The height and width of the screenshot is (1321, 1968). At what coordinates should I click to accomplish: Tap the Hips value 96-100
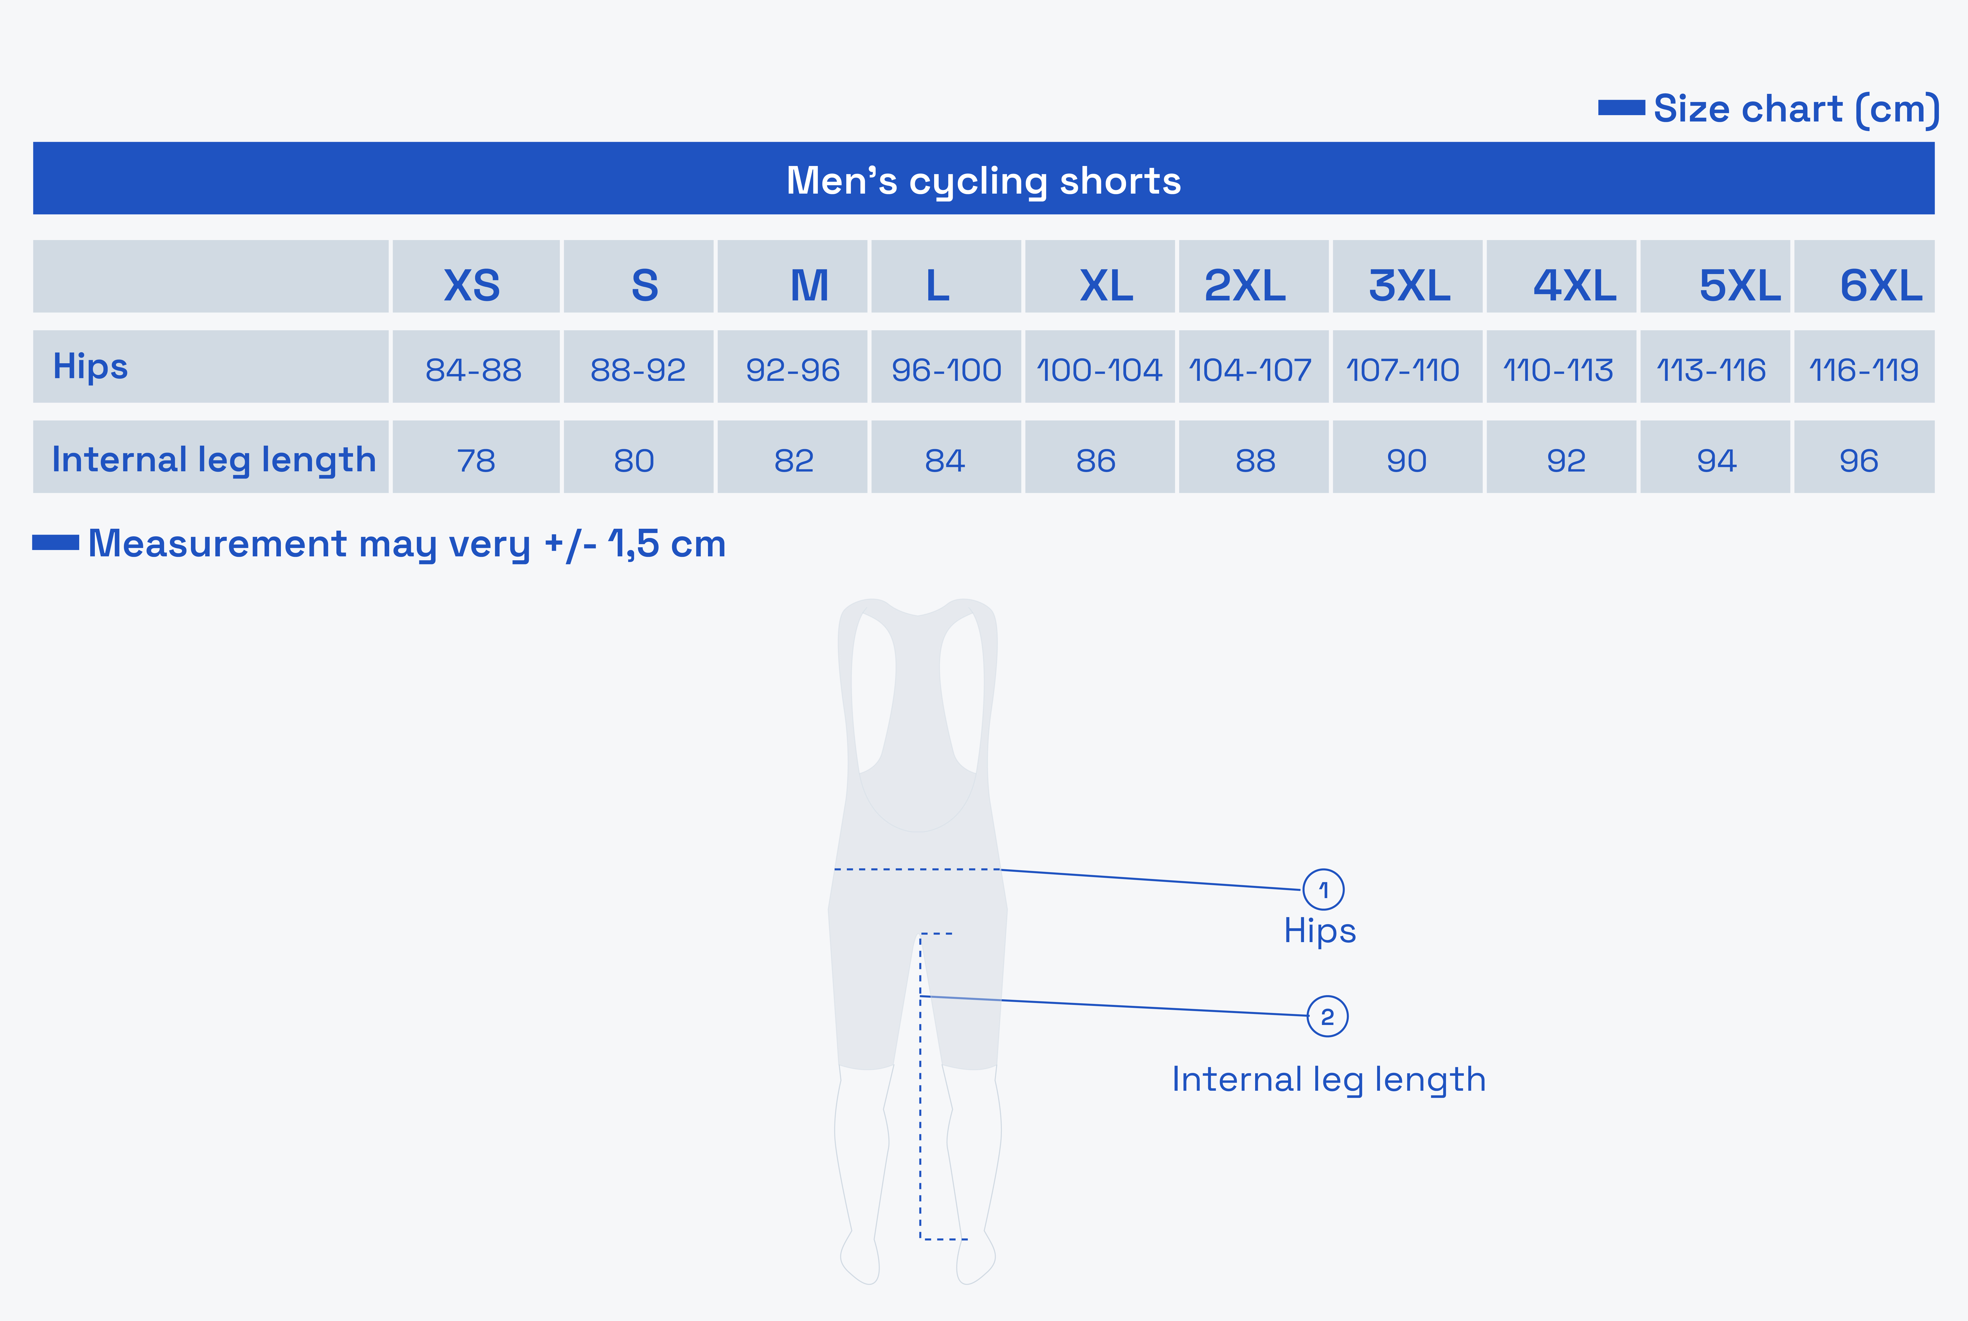point(946,370)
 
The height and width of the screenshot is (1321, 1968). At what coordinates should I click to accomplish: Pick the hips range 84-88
point(474,370)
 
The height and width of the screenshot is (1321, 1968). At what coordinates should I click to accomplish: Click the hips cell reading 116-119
point(1864,370)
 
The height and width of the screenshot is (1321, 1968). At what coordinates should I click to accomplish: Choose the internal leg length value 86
point(1096,461)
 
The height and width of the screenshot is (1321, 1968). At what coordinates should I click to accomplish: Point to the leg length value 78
point(476,461)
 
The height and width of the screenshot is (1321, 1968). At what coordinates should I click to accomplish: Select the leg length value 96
point(1858,461)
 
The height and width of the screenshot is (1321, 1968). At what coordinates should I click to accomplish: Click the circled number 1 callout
point(1324,890)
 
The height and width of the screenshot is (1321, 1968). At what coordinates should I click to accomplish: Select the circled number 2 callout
point(1328,1016)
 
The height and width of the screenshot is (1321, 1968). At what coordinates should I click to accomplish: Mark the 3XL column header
point(1409,286)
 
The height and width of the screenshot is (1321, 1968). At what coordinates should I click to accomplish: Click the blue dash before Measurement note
point(55,543)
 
